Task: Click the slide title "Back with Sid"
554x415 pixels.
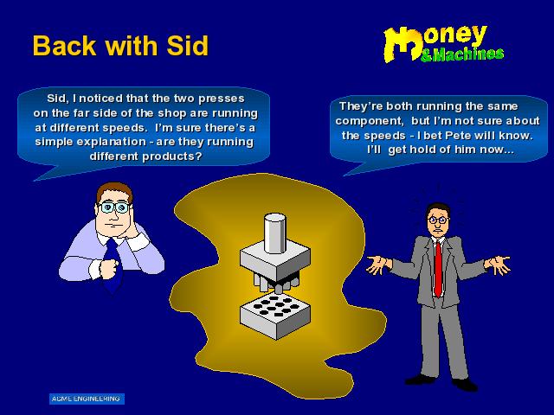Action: (120, 46)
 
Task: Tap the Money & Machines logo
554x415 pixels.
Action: (443, 44)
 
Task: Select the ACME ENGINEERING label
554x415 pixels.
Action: (87, 399)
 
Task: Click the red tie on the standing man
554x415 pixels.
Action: (439, 268)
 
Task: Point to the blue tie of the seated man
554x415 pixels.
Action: (113, 265)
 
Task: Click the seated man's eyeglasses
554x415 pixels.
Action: (113, 207)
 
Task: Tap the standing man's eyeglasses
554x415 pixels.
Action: (438, 220)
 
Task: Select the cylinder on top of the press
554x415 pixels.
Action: (274, 233)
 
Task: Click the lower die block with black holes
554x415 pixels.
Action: (275, 316)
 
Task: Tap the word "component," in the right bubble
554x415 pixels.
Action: (370, 121)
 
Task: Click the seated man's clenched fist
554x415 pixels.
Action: (108, 268)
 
